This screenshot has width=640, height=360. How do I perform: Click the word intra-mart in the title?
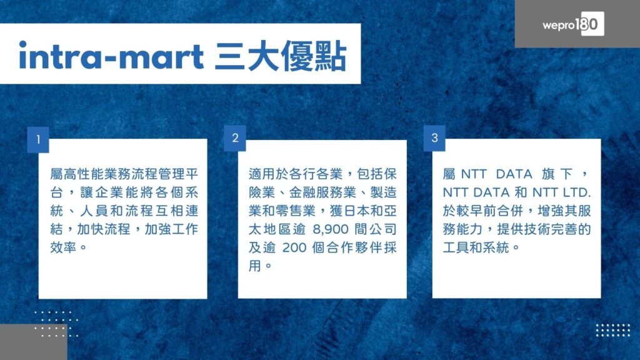(111, 56)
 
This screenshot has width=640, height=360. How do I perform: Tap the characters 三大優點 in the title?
(281, 56)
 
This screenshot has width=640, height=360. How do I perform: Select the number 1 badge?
(38, 139)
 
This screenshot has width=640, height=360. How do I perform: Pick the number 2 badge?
(235, 138)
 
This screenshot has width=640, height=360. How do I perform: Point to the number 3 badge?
(434, 138)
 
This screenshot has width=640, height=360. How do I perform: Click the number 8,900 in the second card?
(331, 229)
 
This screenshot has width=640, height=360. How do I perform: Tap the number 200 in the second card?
(294, 247)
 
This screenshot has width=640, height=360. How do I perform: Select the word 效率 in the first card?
(63, 247)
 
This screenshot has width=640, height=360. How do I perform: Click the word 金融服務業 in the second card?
(323, 192)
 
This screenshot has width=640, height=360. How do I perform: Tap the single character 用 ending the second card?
(255, 266)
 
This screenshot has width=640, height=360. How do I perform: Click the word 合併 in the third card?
(510, 211)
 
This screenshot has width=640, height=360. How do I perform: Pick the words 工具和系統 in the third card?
(476, 247)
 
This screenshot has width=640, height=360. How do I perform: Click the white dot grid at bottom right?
(613, 330)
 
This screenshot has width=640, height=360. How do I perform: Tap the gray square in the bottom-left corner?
(34, 342)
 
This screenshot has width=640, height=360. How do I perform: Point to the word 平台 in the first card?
(192, 174)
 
